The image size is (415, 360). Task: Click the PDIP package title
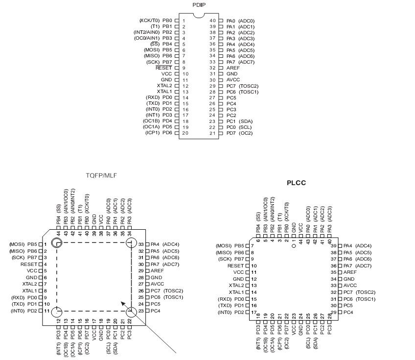(x=199, y=4)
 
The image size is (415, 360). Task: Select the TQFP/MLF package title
(x=101, y=175)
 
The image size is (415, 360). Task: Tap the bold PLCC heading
(x=296, y=183)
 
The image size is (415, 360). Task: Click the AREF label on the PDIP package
(x=233, y=68)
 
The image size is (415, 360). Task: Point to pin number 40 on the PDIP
(x=213, y=21)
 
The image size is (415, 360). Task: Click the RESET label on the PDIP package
(x=163, y=68)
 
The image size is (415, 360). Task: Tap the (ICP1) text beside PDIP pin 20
(x=151, y=133)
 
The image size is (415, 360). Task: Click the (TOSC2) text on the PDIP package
(x=249, y=85)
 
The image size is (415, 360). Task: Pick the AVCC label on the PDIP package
(x=233, y=79)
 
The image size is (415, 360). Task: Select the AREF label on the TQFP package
(x=157, y=270)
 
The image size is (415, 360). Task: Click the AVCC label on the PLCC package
(x=350, y=285)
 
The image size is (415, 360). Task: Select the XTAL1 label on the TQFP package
(x=29, y=290)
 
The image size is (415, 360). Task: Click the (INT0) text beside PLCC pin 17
(x=225, y=312)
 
